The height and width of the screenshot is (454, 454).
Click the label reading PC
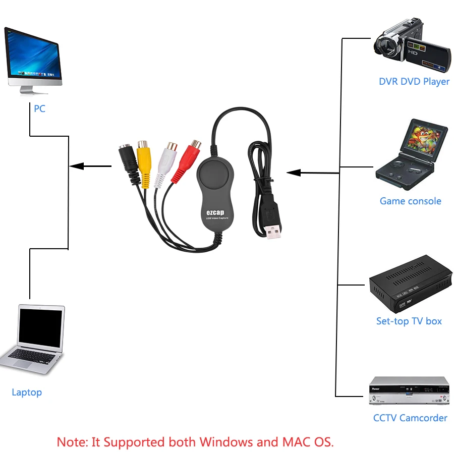pyautogui.click(x=39, y=108)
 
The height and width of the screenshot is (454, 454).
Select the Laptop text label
pyautogui.click(x=27, y=392)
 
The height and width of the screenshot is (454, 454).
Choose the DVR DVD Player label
pyautogui.click(x=414, y=81)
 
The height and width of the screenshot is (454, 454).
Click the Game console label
pyautogui.click(x=410, y=201)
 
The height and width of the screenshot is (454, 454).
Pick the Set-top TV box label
pyautogui.click(x=409, y=321)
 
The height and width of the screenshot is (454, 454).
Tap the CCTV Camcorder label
pyautogui.click(x=410, y=418)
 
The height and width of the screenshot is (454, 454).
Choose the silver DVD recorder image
pyautogui.click(x=409, y=391)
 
